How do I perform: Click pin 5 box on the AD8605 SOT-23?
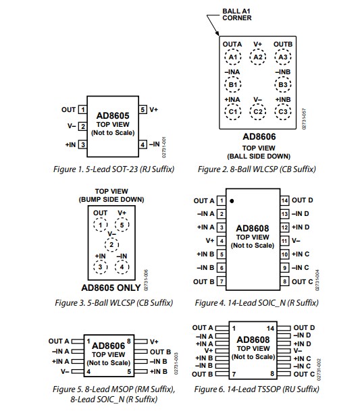(x=143, y=109)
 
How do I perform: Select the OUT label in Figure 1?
(x=68, y=109)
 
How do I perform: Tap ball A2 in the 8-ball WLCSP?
(x=257, y=57)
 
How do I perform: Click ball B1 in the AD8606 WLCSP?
(x=233, y=84)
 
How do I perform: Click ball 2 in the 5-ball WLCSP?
(x=114, y=244)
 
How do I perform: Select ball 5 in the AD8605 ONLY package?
(x=122, y=225)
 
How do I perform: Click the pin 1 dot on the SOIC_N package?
(x=232, y=201)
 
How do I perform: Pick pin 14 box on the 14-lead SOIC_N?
(x=284, y=200)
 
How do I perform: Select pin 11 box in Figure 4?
(x=284, y=240)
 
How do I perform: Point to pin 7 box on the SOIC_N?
(x=221, y=281)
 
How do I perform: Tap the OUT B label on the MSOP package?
(x=160, y=352)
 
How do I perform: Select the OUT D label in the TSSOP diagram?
(x=303, y=328)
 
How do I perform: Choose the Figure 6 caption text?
(x=256, y=389)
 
